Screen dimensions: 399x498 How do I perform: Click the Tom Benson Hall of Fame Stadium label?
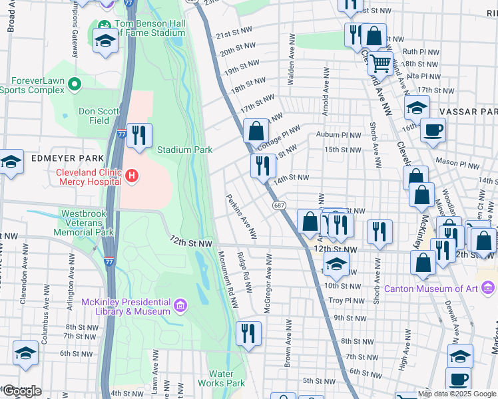[x=149, y=27]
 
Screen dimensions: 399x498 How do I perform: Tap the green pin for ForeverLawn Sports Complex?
[x=75, y=84]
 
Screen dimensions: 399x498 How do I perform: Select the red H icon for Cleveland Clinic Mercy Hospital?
[x=132, y=176]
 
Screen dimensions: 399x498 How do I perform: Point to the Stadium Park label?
[x=184, y=150]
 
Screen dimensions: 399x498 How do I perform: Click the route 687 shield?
[x=279, y=206]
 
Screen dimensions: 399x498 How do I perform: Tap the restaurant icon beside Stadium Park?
[x=139, y=136]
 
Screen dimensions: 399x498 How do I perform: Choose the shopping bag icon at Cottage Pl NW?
[x=256, y=130]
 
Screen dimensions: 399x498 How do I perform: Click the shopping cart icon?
[x=380, y=64]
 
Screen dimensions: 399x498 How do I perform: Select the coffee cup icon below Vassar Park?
[x=433, y=130]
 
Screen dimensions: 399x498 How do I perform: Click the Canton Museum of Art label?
[x=433, y=289]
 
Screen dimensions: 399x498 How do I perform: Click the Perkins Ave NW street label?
[x=241, y=215]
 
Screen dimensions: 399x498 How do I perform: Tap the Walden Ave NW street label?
[x=291, y=60]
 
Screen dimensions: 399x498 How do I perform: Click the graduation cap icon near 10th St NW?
[x=336, y=264]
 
